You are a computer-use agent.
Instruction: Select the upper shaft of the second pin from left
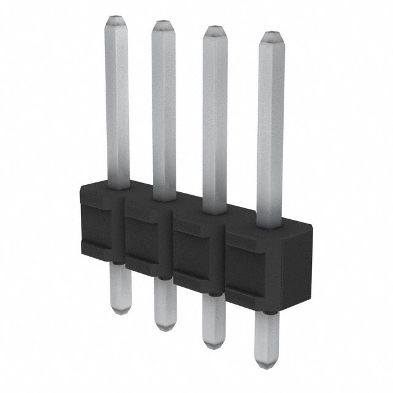(x=164, y=111)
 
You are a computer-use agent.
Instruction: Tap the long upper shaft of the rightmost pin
(x=271, y=129)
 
